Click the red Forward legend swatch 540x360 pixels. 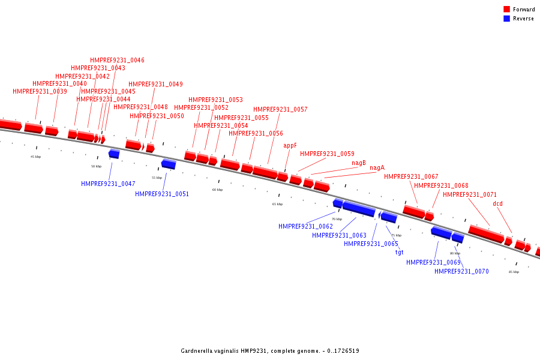point(506,10)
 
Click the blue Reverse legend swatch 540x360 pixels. point(506,19)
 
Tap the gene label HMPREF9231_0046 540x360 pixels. point(117,61)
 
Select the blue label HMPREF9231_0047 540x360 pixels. point(108,184)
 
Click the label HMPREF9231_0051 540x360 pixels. point(162,194)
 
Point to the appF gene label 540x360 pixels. point(290,145)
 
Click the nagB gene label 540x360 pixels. point(359,163)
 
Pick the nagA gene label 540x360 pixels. point(377,168)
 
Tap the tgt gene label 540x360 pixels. point(399,252)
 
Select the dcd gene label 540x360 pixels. point(497,204)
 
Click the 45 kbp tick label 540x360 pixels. point(36,157)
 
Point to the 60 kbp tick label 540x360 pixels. point(217,190)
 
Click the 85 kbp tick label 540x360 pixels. point(514,272)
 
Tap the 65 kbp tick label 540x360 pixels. point(277,204)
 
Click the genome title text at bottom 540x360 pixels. point(270,351)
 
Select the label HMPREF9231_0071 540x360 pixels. point(470,194)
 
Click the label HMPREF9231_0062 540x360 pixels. point(305,226)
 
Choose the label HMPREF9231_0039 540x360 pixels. point(40,92)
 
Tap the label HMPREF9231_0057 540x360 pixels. point(280,110)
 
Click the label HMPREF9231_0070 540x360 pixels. point(461,271)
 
